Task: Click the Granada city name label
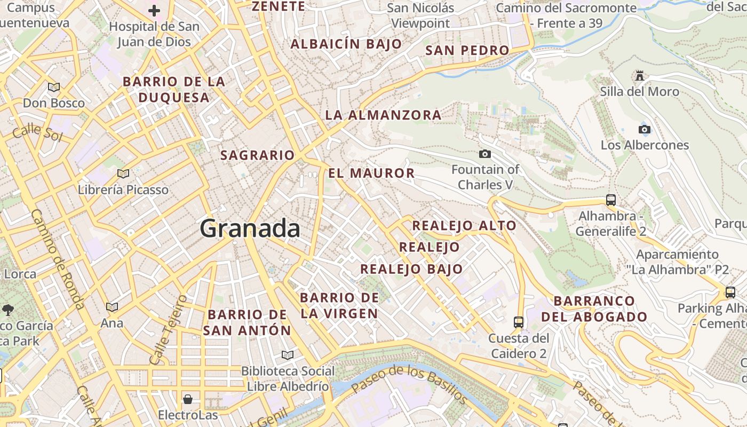(x=250, y=228)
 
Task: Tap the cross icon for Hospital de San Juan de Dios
(x=154, y=11)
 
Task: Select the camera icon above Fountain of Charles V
(x=484, y=154)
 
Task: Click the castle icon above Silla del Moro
(x=639, y=76)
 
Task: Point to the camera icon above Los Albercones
(x=644, y=129)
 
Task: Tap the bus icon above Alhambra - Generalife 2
(x=611, y=200)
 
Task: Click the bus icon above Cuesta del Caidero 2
(x=518, y=322)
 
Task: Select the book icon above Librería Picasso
(x=123, y=173)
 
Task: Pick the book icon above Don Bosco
(x=53, y=87)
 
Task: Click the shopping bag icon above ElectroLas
(x=188, y=399)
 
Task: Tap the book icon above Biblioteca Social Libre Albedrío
(x=288, y=355)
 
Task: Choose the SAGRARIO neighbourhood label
(x=258, y=155)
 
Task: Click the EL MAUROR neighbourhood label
(x=371, y=173)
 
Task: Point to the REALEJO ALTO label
(x=464, y=225)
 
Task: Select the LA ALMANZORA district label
(x=383, y=115)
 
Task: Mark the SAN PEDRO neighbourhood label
(x=467, y=50)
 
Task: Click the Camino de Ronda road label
(x=58, y=259)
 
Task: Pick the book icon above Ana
(x=112, y=307)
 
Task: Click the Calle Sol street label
(x=37, y=132)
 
